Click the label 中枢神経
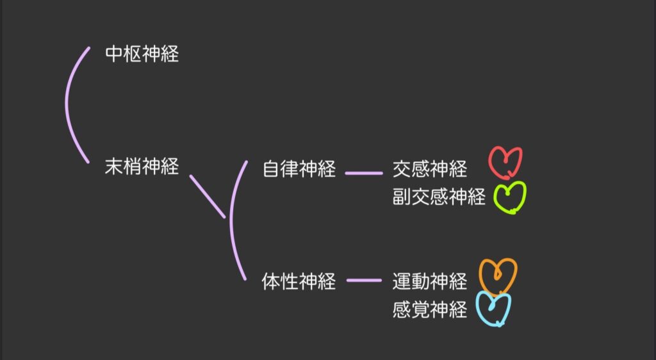[x=142, y=54]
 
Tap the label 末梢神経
[x=142, y=167]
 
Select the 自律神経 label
[x=299, y=170]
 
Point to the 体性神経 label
[x=299, y=281]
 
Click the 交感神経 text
[x=430, y=170]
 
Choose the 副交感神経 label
[x=439, y=197]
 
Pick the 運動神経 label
[x=430, y=281]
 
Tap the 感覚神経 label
[x=430, y=309]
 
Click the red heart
[x=505, y=163]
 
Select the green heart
[x=510, y=197]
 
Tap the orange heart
[x=498, y=275]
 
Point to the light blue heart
[x=493, y=309]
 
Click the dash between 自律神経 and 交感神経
[x=363, y=172]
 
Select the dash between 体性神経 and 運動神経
[x=363, y=280]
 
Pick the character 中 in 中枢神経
[x=114, y=54]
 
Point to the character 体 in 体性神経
[x=270, y=281]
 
